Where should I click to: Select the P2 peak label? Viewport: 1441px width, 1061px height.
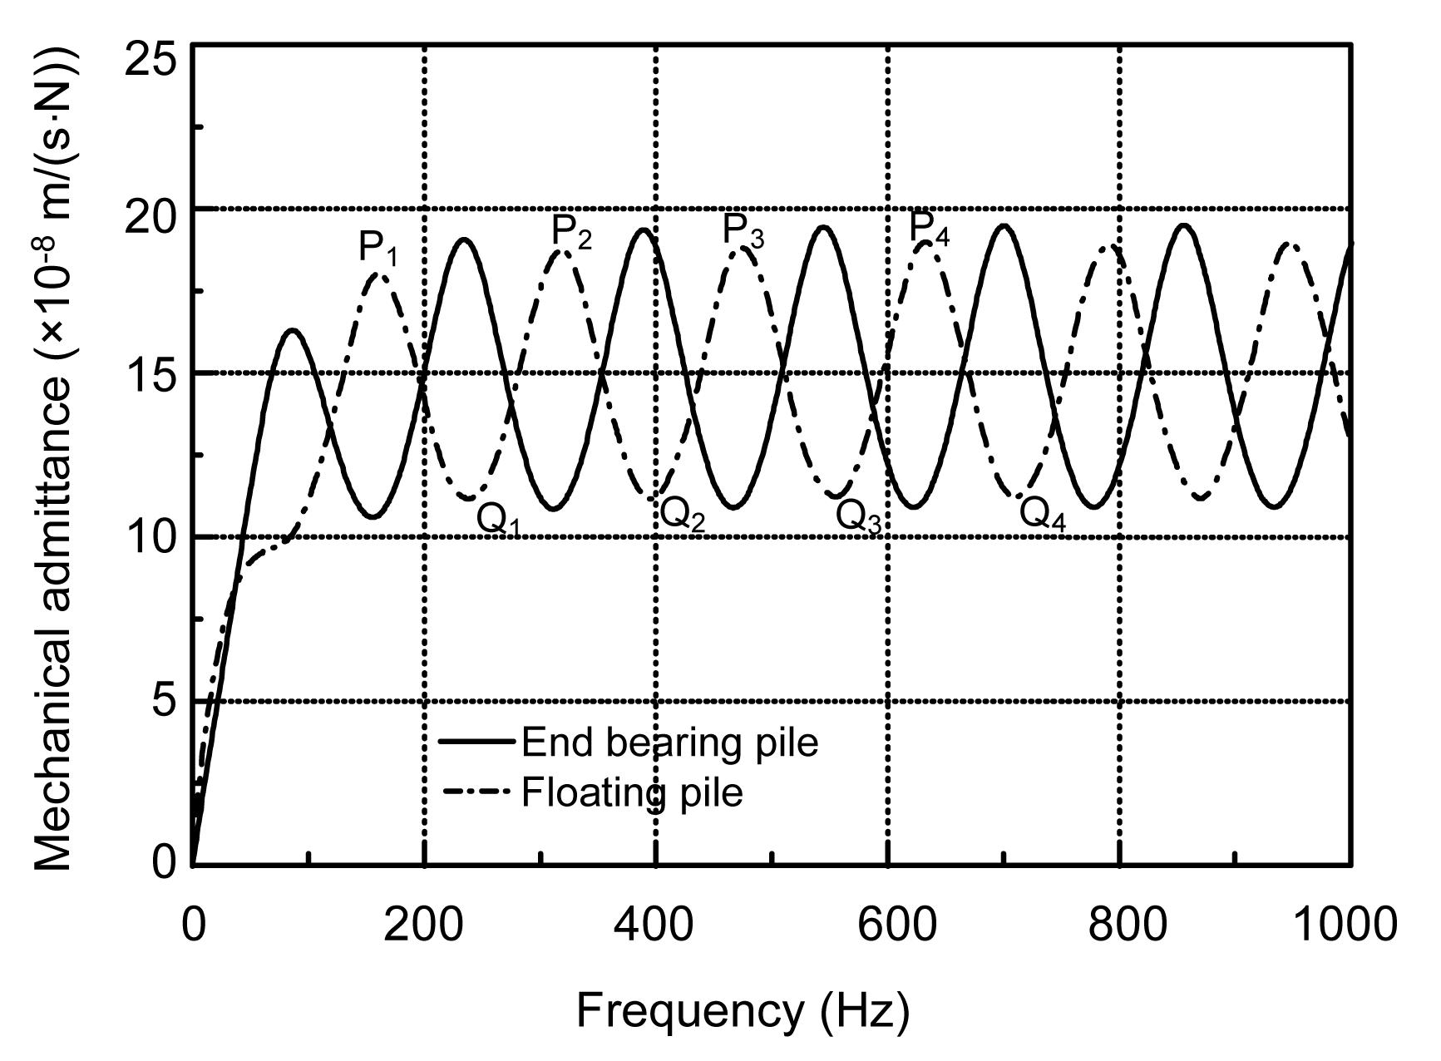click(x=572, y=233)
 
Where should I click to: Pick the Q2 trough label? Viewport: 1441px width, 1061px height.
click(x=682, y=516)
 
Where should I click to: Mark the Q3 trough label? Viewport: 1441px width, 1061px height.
click(x=858, y=517)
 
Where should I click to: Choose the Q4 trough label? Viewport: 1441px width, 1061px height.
click(x=1042, y=514)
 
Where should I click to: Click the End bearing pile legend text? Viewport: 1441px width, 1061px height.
click(x=669, y=742)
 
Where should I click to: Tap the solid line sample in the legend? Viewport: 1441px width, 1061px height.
click(x=476, y=740)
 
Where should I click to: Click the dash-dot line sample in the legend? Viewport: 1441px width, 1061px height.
click(x=476, y=792)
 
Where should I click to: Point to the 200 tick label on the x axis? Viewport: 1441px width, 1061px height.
click(x=423, y=925)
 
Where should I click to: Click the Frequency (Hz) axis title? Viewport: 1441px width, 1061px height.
click(x=743, y=1011)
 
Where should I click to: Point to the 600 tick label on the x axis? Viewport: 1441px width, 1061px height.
click(x=887, y=925)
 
